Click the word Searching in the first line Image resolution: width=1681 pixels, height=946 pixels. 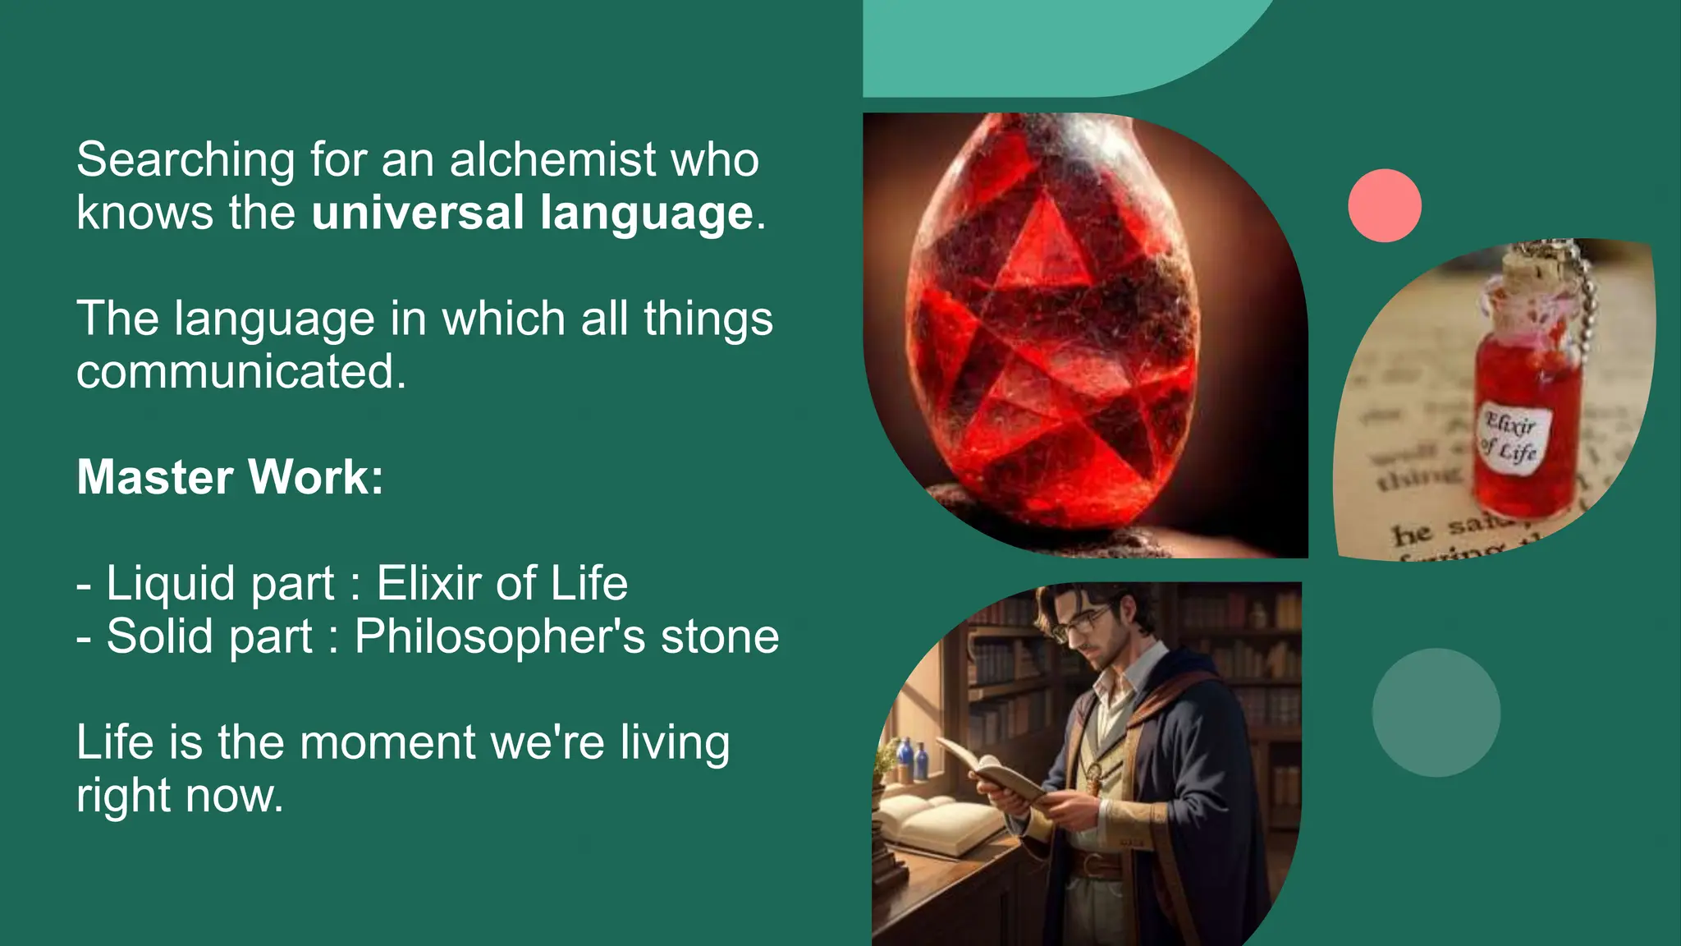(186, 160)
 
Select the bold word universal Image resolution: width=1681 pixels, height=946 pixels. (418, 213)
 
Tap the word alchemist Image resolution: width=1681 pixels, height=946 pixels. (552, 159)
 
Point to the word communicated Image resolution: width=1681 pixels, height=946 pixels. (240, 372)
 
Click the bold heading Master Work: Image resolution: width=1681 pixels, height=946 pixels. (230, 477)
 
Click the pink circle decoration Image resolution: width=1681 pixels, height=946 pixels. (1384, 205)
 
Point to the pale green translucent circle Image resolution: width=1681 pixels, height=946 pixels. (1436, 712)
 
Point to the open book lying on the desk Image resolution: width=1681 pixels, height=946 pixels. (936, 821)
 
